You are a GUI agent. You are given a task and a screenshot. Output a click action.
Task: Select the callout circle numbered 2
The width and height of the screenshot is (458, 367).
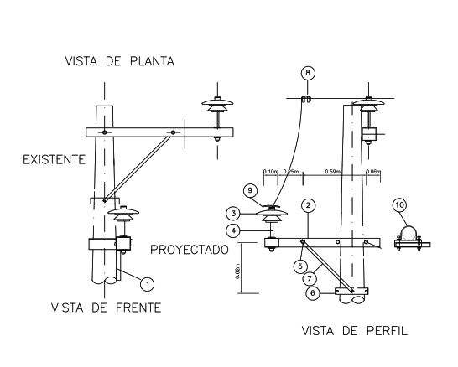(x=309, y=204)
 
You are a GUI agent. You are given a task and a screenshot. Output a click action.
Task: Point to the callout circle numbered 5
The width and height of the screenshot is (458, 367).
(x=299, y=265)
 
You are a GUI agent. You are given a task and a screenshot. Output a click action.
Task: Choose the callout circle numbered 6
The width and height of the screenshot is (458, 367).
(x=310, y=292)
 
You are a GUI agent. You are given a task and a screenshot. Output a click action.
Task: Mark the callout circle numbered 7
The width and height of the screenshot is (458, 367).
(x=310, y=277)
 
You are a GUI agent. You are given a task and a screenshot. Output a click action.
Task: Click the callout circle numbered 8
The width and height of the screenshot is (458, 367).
(x=307, y=73)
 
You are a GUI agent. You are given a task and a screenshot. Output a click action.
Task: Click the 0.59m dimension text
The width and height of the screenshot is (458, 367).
(x=332, y=172)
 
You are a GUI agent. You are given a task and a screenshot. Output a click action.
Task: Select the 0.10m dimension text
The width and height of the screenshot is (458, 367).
(x=271, y=172)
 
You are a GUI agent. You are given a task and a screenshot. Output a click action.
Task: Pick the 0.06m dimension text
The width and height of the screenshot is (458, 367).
(x=373, y=172)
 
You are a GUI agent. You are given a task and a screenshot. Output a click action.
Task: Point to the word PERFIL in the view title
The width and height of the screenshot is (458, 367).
(x=385, y=330)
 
